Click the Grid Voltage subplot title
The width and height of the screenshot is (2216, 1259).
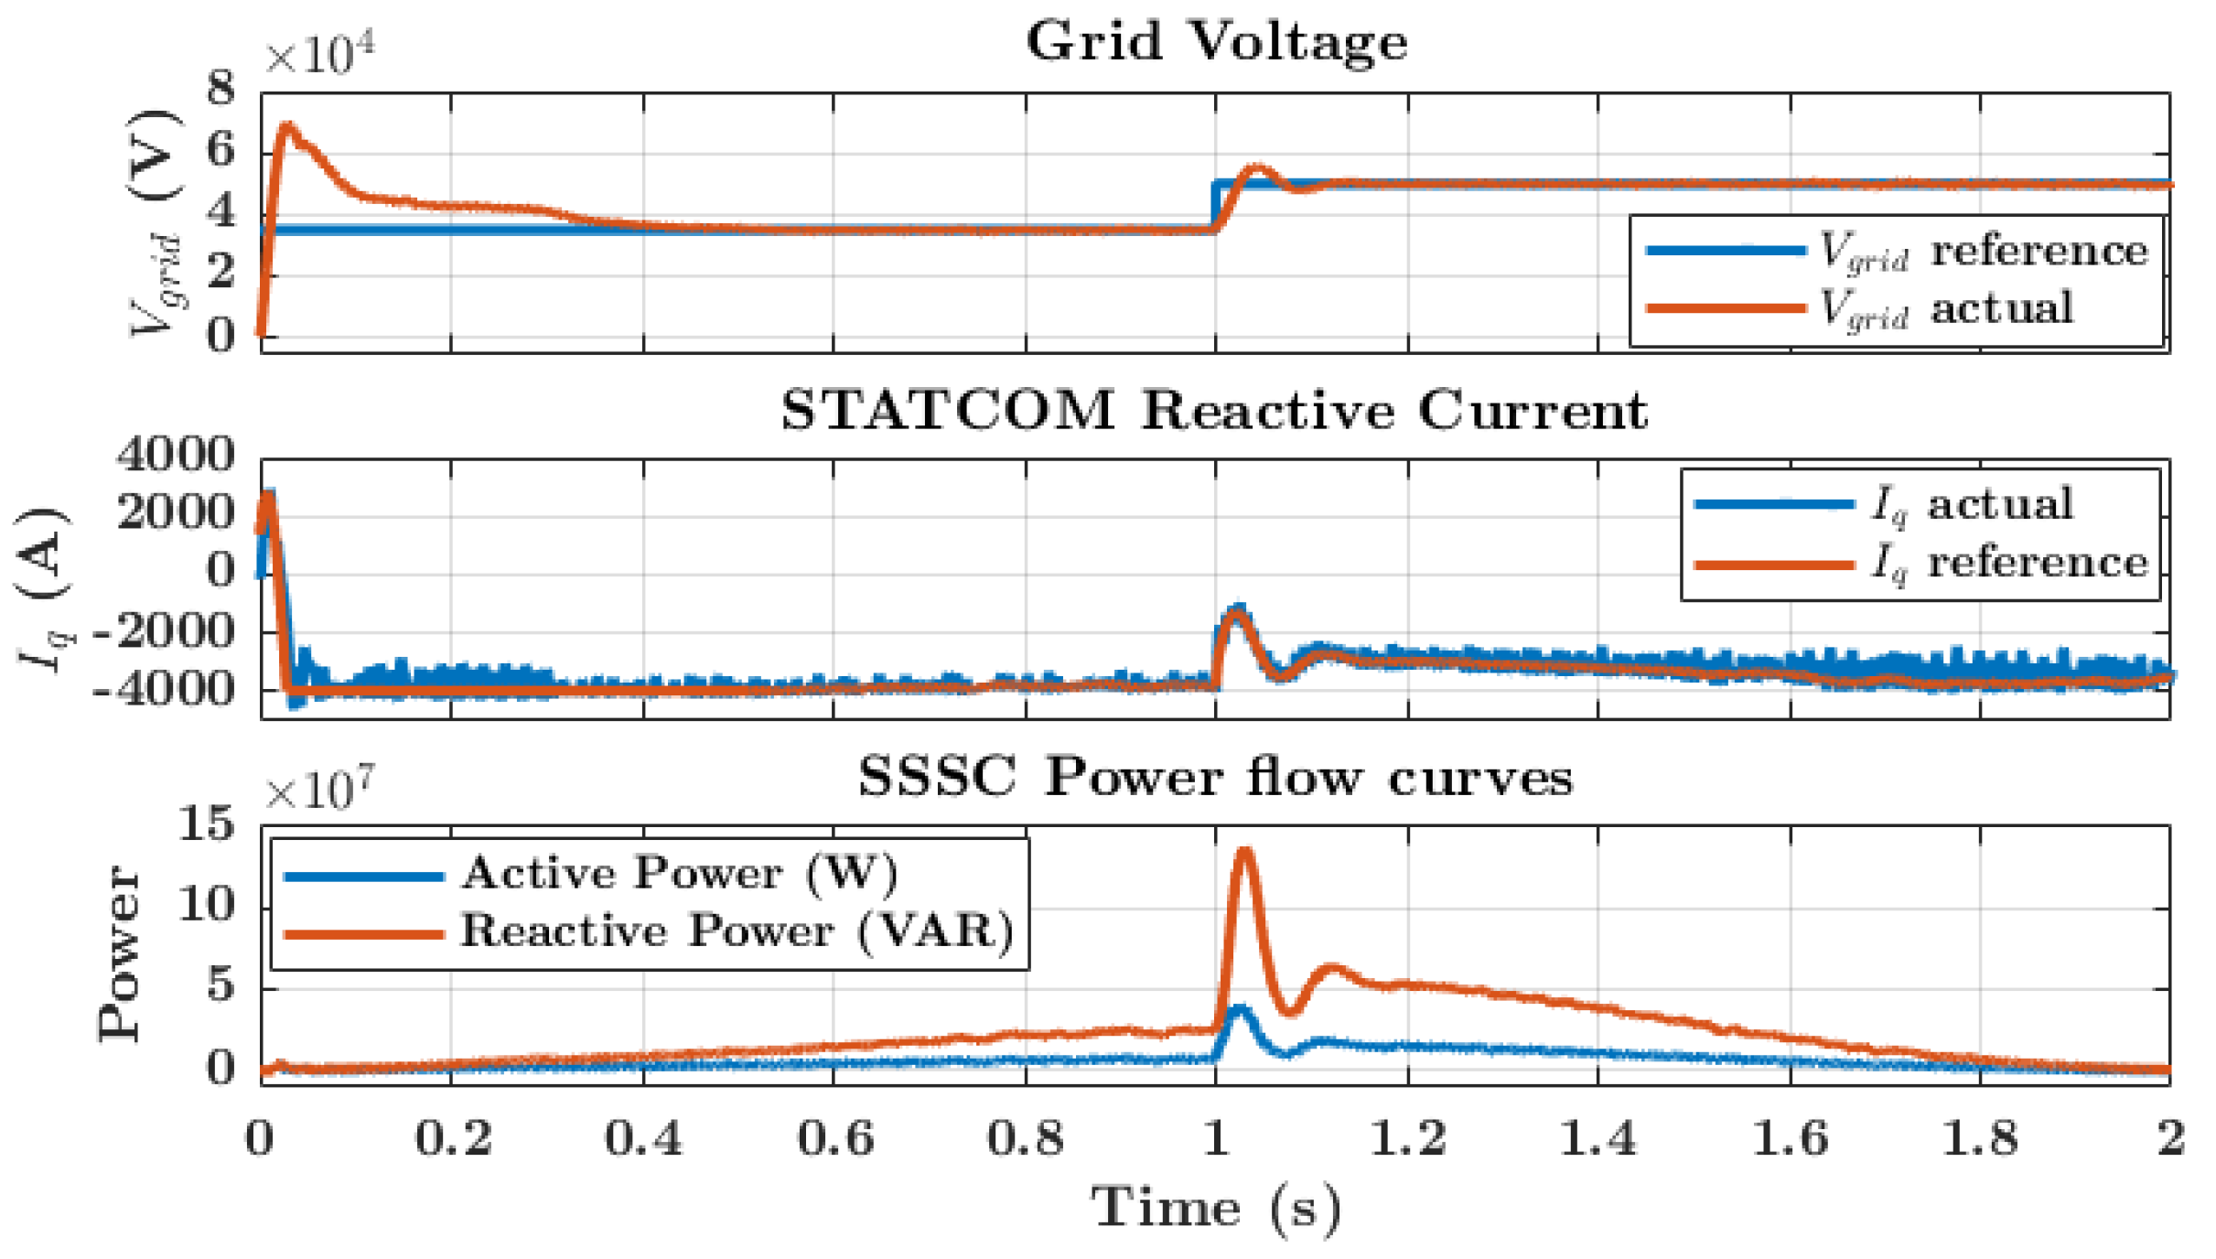point(1216,42)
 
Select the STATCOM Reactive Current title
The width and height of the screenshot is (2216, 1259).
point(1214,410)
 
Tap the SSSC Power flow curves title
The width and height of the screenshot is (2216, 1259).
point(1215,779)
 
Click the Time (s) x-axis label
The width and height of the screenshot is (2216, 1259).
point(1216,1208)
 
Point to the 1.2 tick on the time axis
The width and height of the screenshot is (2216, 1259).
point(1407,1139)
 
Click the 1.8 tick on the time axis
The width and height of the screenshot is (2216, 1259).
point(1980,1139)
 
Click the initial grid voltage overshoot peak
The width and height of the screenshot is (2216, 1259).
point(288,125)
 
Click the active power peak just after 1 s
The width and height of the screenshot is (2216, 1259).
point(1241,1009)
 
